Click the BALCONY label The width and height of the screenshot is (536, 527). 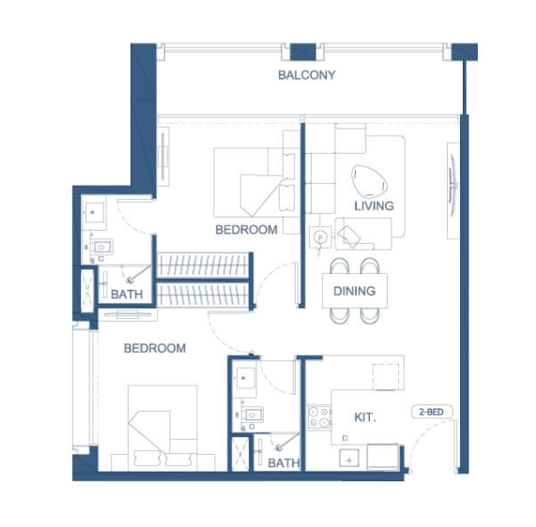307,75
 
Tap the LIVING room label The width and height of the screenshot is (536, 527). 374,206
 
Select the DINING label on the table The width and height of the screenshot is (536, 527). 355,291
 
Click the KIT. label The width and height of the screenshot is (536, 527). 365,417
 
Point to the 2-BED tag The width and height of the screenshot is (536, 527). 432,412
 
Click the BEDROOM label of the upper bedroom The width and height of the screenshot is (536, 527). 246,230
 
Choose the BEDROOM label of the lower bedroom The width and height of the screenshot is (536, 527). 155,349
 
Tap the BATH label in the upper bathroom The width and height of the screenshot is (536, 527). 127,294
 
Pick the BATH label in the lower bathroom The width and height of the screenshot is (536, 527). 283,463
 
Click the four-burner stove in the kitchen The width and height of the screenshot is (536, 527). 319,417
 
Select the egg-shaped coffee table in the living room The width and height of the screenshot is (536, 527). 369,181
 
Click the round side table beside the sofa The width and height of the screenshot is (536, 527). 320,236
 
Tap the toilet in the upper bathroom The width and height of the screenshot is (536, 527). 101,247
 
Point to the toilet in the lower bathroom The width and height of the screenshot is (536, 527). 252,414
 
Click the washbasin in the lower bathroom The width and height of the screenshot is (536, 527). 244,378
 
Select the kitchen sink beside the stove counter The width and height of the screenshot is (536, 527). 349,459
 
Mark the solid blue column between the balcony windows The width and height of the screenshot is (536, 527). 303,52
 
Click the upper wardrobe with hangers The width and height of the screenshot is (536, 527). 203,265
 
